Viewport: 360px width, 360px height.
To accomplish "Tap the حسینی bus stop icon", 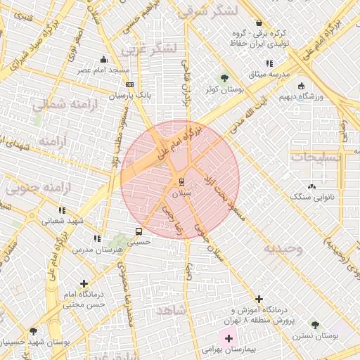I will [x=138, y=231].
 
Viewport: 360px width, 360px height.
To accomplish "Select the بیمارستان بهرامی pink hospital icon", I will [x=229, y=339].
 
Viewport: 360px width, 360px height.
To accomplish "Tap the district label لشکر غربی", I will [x=152, y=49].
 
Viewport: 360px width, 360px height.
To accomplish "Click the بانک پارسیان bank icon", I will [x=129, y=84].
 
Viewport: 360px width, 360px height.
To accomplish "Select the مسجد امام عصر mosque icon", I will [x=104, y=60].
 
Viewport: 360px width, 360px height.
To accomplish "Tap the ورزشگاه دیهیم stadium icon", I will [x=302, y=86].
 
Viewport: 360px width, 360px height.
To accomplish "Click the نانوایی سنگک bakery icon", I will [x=311, y=186].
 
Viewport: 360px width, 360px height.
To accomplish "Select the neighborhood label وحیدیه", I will [x=283, y=249].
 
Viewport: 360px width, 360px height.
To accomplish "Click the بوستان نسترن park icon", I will [x=314, y=325].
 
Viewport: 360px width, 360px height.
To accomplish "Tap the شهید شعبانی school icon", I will [x=62, y=210].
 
